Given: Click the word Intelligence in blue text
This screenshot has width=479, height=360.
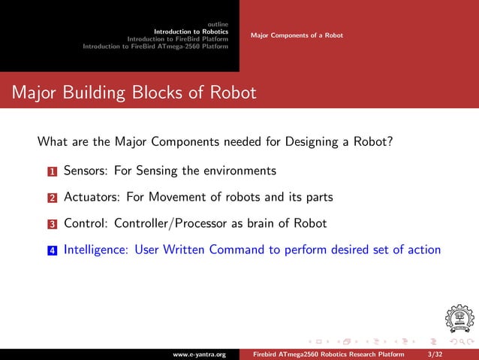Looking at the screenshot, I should coord(96,250).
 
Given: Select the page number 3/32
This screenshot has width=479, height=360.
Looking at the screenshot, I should coord(434,353).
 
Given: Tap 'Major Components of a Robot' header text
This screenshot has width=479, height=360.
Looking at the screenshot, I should coord(297,35).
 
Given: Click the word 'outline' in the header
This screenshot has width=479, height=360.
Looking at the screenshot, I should coord(218,24).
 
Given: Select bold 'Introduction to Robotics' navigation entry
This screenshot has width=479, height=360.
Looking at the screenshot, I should coord(191,32).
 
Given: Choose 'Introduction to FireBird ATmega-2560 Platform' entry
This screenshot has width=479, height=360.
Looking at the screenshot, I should coord(155,47).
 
